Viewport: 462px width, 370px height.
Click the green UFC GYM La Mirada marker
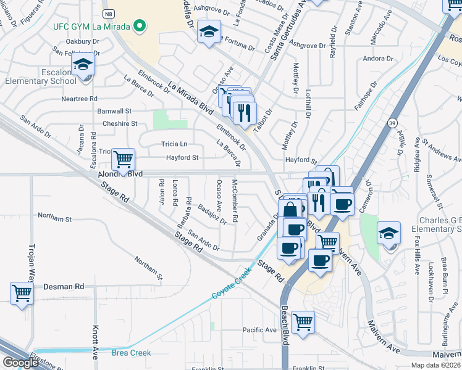[x=140, y=26]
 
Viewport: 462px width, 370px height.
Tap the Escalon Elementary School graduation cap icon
[x=83, y=65]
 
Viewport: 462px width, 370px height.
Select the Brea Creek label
[x=131, y=353]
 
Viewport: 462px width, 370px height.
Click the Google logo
[x=20, y=363]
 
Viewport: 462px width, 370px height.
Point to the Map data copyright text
[x=436, y=365]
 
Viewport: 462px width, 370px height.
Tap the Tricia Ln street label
[x=174, y=144]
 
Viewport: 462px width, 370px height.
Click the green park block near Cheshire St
[x=161, y=119]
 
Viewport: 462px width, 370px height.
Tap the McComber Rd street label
[x=235, y=202]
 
